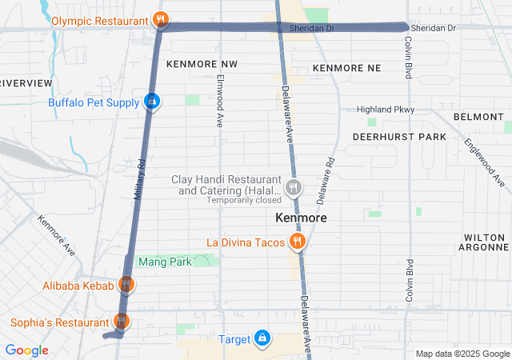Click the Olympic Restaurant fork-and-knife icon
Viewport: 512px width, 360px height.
[x=160, y=19]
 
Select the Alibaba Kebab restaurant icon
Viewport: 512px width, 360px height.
[x=126, y=284]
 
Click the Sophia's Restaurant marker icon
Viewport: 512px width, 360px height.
[x=121, y=322]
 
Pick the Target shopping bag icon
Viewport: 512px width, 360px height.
[x=262, y=338]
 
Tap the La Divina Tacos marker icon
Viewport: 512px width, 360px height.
[x=298, y=241]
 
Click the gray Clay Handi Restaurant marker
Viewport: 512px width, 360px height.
[x=294, y=188]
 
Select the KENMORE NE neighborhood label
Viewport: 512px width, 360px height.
[x=346, y=68]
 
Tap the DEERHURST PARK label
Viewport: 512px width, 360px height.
[x=399, y=137]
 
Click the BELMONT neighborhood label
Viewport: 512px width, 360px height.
[x=478, y=117]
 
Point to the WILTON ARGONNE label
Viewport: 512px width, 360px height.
[x=485, y=244]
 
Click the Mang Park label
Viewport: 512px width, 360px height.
[x=165, y=262]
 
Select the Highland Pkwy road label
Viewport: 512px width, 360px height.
[x=386, y=109]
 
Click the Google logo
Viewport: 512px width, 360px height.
[x=26, y=350]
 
